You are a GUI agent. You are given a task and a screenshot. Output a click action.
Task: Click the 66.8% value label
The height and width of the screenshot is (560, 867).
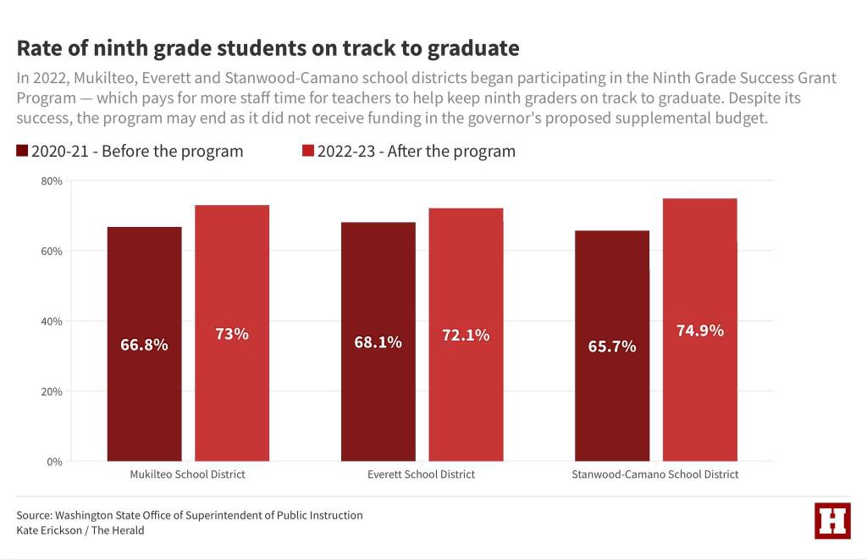144,345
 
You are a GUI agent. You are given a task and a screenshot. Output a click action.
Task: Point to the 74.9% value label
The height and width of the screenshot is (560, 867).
699,330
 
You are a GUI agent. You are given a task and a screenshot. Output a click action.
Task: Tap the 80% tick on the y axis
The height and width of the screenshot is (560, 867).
52,181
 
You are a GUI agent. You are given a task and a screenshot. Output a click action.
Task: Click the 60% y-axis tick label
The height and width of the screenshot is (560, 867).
52,252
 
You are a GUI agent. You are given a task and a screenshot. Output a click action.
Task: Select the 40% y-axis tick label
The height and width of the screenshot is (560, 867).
52,322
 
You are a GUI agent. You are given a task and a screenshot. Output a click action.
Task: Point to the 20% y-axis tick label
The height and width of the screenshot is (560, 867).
52,392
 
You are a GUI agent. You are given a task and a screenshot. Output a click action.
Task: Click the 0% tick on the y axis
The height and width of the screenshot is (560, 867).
55,462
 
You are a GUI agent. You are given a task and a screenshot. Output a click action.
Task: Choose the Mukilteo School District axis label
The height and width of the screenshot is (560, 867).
187,474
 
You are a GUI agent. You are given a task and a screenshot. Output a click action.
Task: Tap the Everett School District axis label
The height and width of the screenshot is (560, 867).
421,474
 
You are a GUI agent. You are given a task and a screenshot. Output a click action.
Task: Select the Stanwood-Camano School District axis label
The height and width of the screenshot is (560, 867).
655,474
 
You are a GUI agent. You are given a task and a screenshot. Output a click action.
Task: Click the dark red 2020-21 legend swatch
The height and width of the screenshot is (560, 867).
22,152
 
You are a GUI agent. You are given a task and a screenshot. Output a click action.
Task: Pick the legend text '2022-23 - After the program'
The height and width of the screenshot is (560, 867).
416,152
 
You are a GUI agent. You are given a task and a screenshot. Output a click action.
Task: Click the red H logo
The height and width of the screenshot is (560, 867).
832,520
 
